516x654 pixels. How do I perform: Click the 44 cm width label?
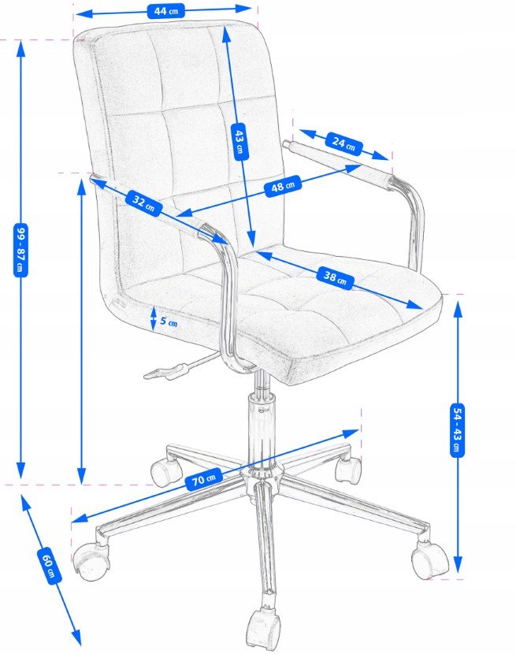click(166, 11)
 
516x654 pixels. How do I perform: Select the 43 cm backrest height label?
click(239, 142)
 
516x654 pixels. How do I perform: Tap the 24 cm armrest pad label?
click(343, 143)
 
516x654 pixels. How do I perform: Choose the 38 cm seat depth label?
click(335, 277)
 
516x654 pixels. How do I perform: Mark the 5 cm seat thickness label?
click(169, 322)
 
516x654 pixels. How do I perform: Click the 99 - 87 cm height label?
click(20, 250)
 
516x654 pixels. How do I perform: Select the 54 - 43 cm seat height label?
click(458, 430)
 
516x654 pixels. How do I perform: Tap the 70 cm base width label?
click(203, 479)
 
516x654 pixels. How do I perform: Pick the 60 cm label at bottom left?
click(49, 565)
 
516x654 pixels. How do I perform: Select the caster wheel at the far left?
click(91, 562)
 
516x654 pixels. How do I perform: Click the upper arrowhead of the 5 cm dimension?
click(154, 310)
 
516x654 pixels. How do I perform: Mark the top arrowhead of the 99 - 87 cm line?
click(20, 48)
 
